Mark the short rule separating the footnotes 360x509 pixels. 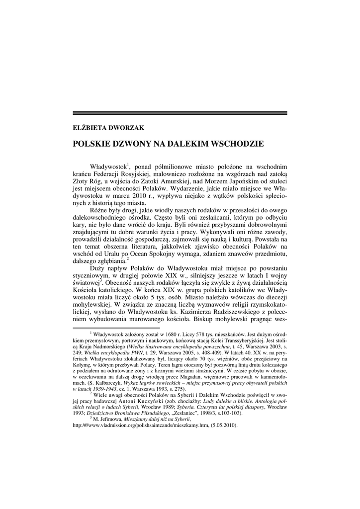(116, 328)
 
